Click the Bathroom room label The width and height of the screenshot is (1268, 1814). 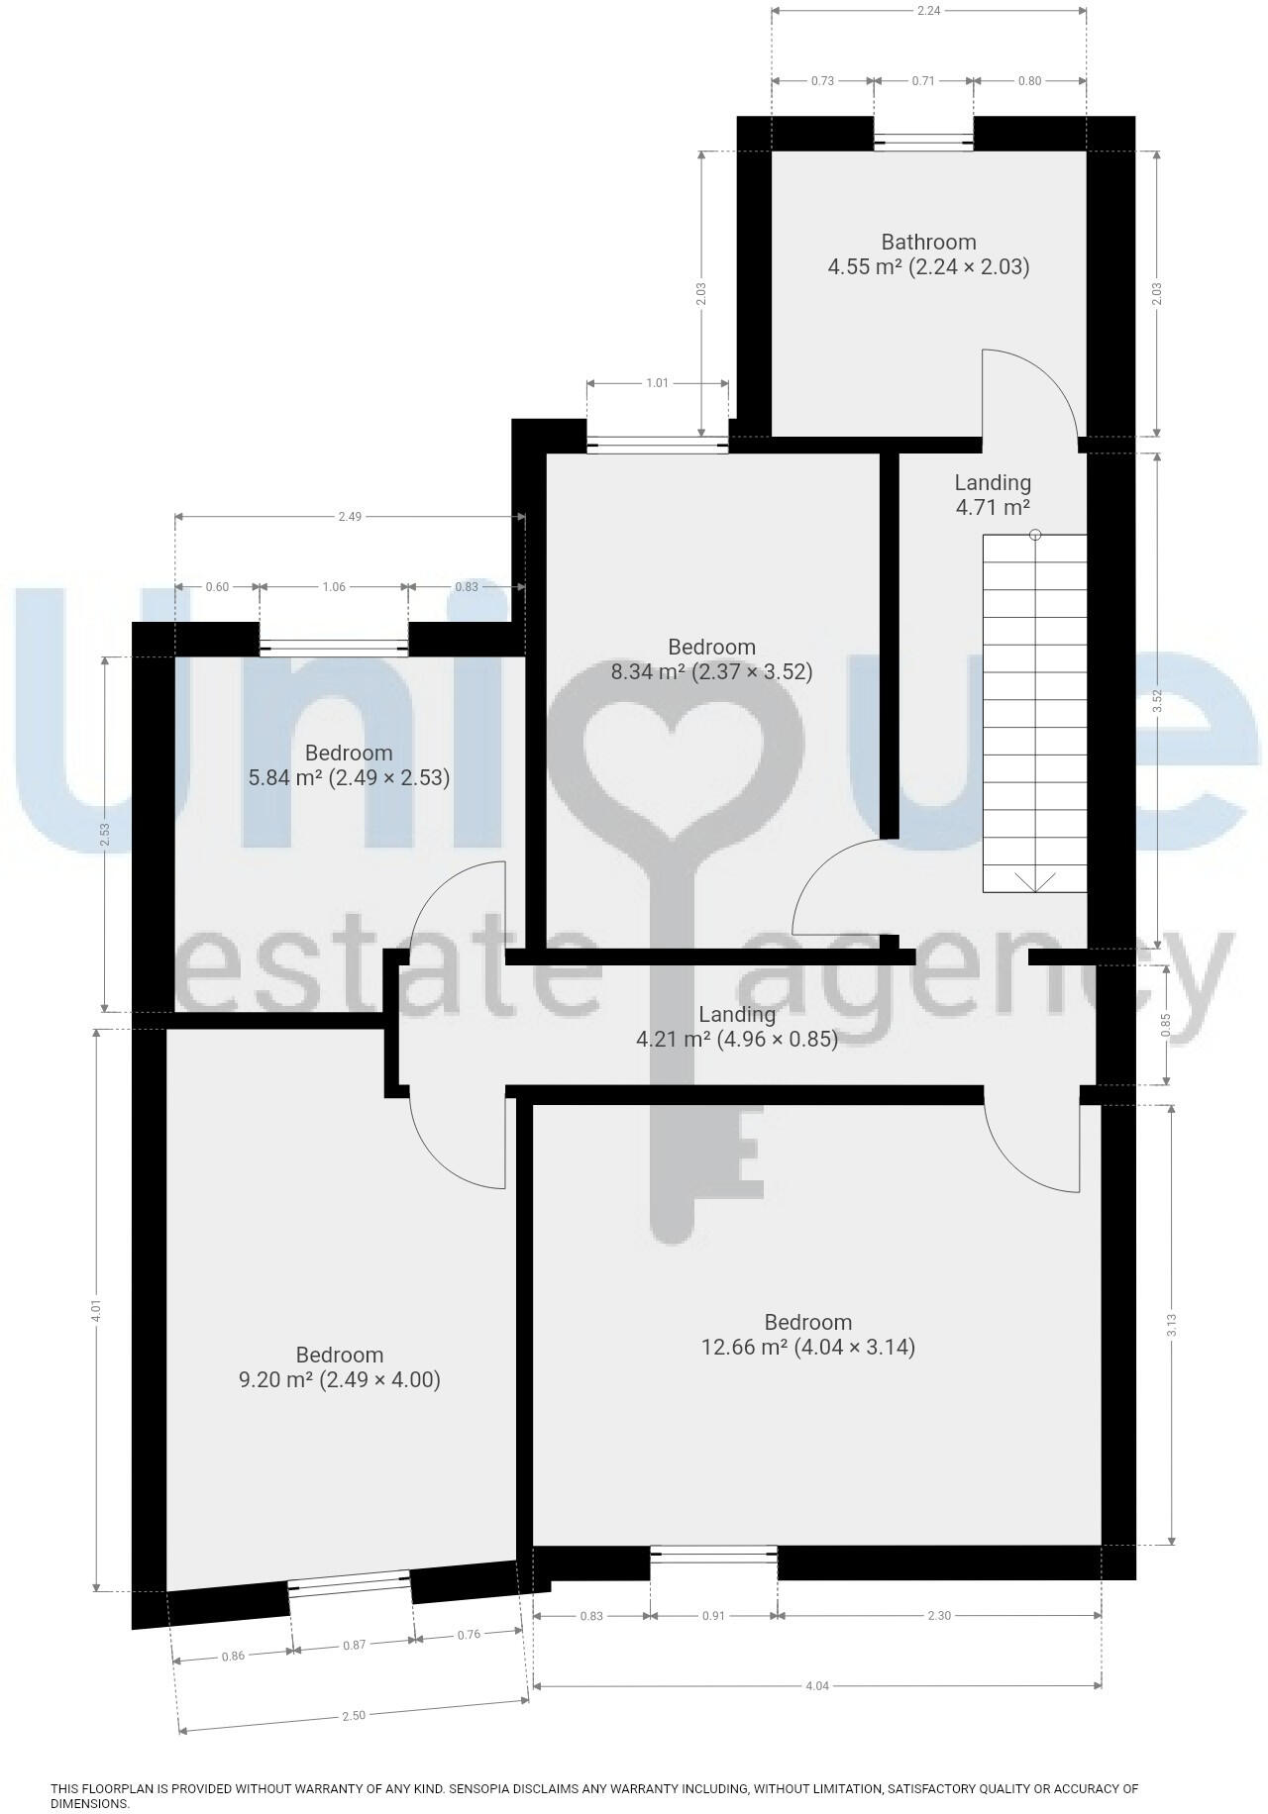(x=928, y=243)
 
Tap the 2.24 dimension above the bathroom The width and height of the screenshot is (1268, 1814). (x=928, y=10)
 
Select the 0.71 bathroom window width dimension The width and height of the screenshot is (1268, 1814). (x=922, y=81)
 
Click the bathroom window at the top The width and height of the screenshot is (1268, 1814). (x=923, y=143)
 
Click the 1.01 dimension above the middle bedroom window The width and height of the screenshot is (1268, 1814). (x=657, y=383)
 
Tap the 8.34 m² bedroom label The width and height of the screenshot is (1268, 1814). (x=711, y=659)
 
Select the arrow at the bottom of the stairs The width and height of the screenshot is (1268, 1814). (x=1034, y=880)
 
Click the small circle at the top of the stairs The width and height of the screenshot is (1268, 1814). (x=1035, y=535)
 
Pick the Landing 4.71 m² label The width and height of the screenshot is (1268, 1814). (x=993, y=495)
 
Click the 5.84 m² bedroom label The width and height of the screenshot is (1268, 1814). (x=349, y=765)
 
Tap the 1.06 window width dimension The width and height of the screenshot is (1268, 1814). (x=334, y=587)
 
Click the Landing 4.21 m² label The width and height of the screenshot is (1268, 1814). (x=736, y=1027)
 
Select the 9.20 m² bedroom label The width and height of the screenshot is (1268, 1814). (x=340, y=1367)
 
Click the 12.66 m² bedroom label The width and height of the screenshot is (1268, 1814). (x=807, y=1335)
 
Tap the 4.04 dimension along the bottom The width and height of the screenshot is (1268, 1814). (x=816, y=1686)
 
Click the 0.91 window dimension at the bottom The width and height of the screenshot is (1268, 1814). (x=713, y=1616)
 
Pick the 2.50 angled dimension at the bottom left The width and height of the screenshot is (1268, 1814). (x=354, y=1716)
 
